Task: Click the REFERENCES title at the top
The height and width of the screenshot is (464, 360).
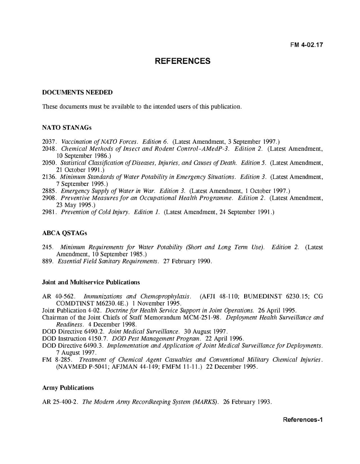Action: (182, 61)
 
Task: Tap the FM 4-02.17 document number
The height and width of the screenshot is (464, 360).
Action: (307, 45)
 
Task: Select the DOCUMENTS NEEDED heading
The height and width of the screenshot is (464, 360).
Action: (77, 93)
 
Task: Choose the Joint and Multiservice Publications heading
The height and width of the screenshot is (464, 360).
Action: (91, 282)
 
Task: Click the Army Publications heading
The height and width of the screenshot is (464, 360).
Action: (68, 388)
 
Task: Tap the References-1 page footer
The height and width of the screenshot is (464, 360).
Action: (303, 420)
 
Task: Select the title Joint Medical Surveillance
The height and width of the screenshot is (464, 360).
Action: (144, 332)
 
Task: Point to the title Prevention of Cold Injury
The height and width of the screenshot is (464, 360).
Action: (95, 212)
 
